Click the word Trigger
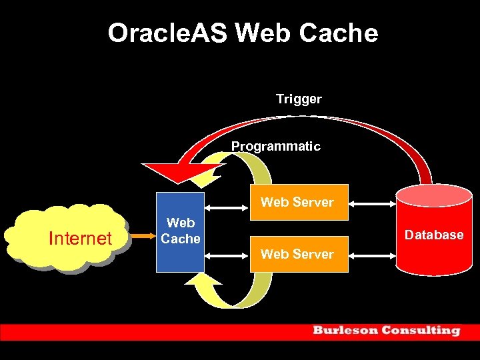coord(299,99)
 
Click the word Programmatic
coord(275,146)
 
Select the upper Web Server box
coord(297,202)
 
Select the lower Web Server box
coord(297,254)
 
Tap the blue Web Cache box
coord(180,250)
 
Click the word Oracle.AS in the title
coord(169,33)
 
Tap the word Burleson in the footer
coord(343,331)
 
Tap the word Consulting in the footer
coord(420,331)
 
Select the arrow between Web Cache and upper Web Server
coord(227,208)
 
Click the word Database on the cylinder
coord(434,235)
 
